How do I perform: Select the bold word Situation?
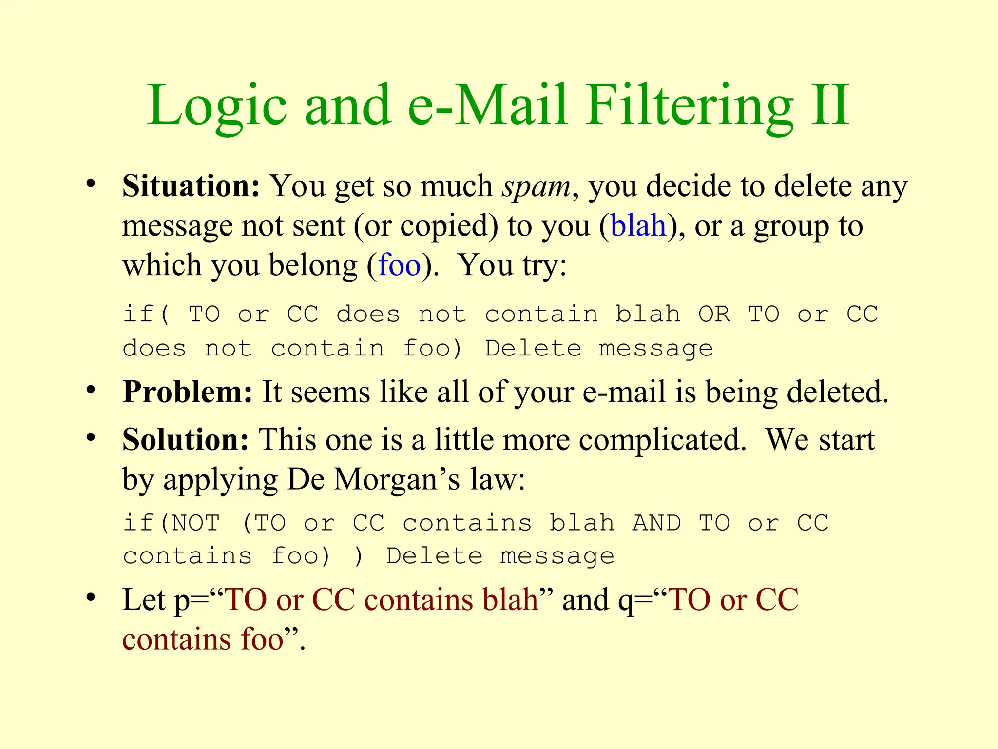point(191,186)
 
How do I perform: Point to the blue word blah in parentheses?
point(638,226)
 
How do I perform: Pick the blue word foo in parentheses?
point(399,266)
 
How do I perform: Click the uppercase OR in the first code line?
point(714,314)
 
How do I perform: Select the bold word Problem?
point(188,392)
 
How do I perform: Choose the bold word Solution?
point(186,440)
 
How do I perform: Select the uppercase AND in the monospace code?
point(656,523)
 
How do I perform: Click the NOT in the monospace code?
point(196,523)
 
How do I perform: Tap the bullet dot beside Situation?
point(91,184)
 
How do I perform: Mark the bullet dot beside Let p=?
point(91,597)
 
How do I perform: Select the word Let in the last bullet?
point(144,600)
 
